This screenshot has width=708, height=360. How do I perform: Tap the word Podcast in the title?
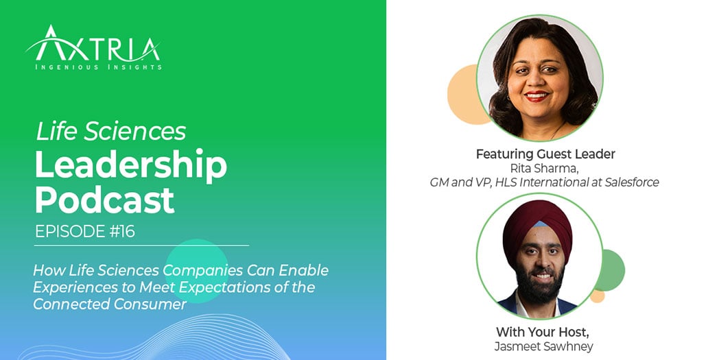[x=104, y=200]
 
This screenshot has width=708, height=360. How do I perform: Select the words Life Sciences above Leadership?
[x=110, y=132]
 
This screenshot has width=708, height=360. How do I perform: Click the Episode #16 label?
[x=85, y=232]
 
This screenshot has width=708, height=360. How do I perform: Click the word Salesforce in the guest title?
[x=627, y=182]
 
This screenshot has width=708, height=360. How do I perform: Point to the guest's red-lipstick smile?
[x=537, y=97]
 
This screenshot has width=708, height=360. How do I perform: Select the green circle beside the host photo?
[x=610, y=269]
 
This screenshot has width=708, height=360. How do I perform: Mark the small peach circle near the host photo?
[x=598, y=296]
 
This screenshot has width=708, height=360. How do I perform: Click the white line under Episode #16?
[x=141, y=245]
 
